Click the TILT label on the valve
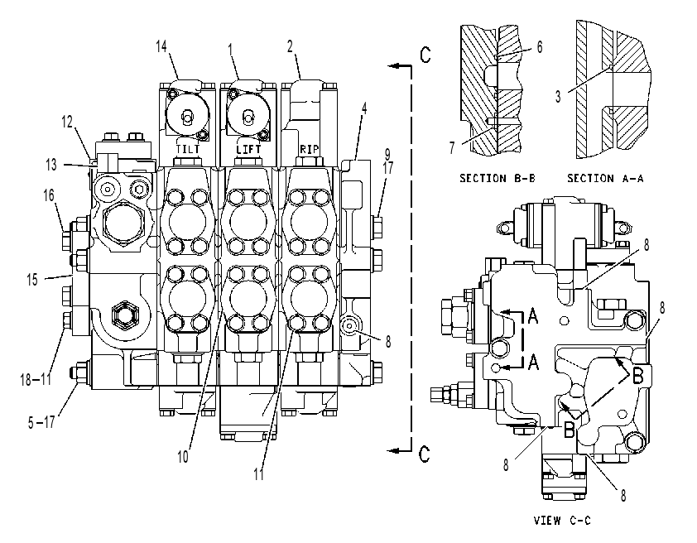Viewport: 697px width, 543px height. pyautogui.click(x=188, y=148)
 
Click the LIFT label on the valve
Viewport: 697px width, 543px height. pyautogui.click(x=248, y=148)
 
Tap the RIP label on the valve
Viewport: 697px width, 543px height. pyautogui.click(x=309, y=149)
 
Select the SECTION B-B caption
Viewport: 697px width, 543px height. pyautogui.click(x=498, y=178)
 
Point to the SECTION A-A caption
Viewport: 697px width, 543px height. pyautogui.click(x=605, y=178)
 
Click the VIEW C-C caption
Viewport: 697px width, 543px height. pyautogui.click(x=562, y=520)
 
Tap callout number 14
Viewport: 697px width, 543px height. pyautogui.click(x=161, y=46)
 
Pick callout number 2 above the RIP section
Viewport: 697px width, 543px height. pyautogui.click(x=291, y=46)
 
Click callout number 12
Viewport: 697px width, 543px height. pyautogui.click(x=67, y=122)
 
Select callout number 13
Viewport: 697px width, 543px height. pyautogui.click(x=51, y=165)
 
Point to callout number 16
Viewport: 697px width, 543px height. pyautogui.click(x=49, y=195)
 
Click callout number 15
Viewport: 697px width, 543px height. pyautogui.click(x=32, y=280)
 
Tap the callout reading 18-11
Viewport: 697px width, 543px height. pyautogui.click(x=36, y=379)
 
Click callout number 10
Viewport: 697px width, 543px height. pyautogui.click(x=183, y=456)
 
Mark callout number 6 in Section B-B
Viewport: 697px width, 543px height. pyautogui.click(x=540, y=46)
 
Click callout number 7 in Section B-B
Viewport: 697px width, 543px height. pyautogui.click(x=452, y=147)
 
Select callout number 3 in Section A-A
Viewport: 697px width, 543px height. pyautogui.click(x=558, y=96)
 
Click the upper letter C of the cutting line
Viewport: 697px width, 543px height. pyautogui.click(x=425, y=55)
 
